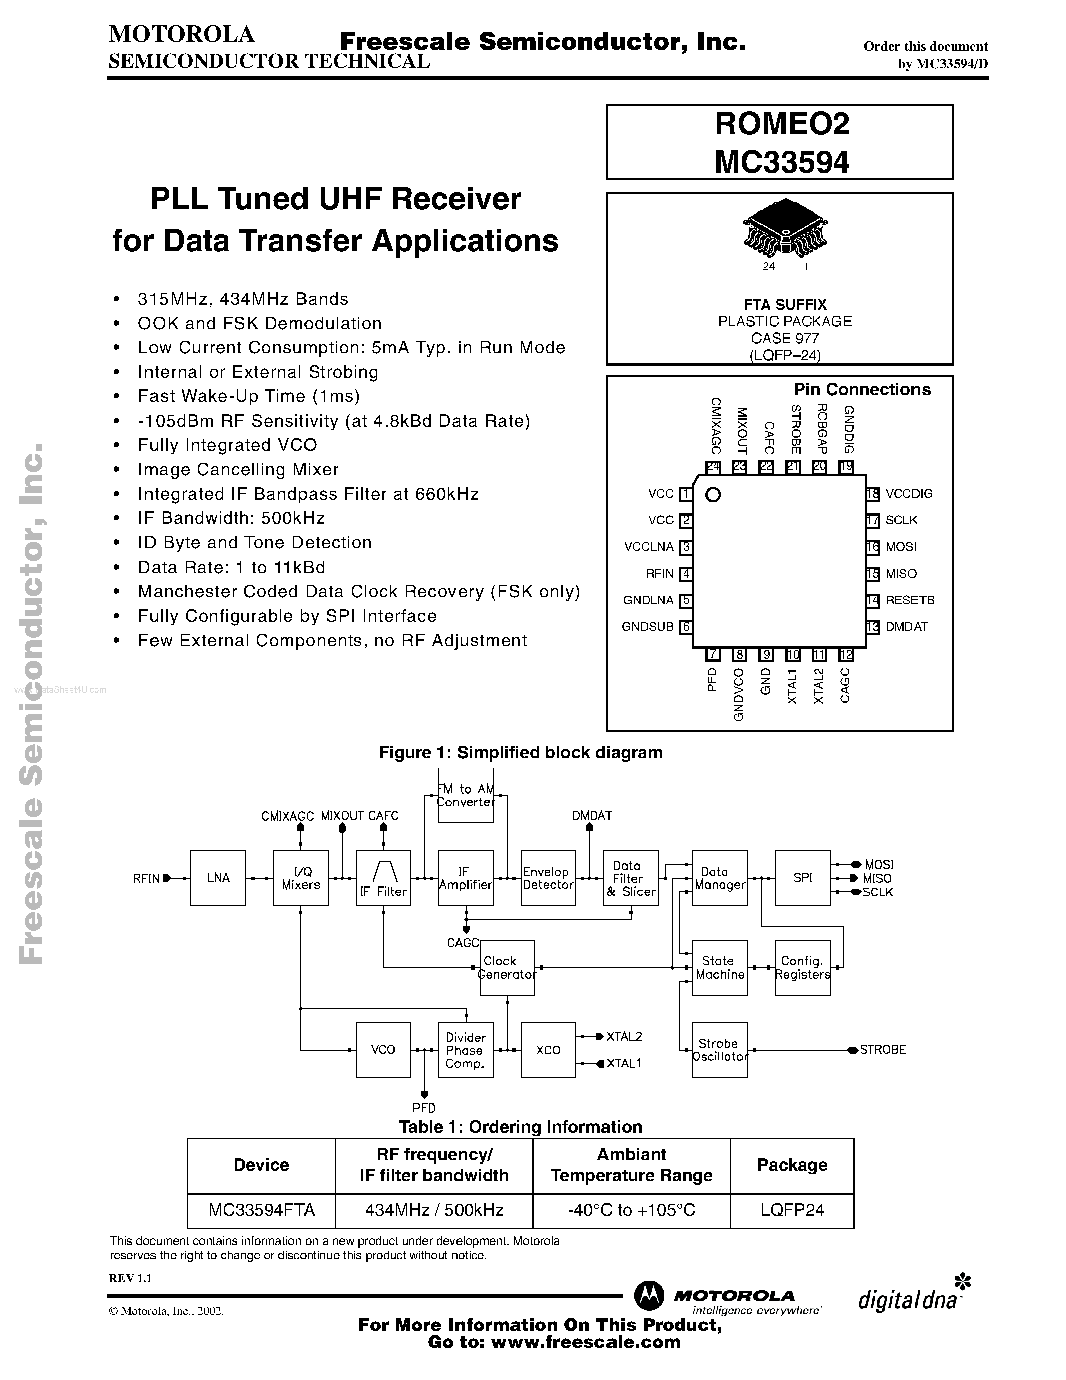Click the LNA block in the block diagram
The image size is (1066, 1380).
click(218, 878)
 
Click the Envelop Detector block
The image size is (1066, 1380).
click(547, 878)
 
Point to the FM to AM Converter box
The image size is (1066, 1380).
click(466, 795)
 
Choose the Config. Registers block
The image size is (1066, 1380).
click(802, 968)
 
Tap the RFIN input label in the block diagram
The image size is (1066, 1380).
click(146, 878)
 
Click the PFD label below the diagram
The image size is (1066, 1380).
click(424, 1108)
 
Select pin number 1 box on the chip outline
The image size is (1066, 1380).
click(686, 494)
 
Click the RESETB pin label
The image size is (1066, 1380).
click(909, 600)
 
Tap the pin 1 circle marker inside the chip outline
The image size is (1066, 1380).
click(713, 495)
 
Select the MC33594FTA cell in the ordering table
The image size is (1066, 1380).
click(261, 1210)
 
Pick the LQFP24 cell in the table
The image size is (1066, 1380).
click(792, 1210)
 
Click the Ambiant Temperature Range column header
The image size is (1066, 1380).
click(632, 1165)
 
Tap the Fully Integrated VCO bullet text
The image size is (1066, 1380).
click(227, 445)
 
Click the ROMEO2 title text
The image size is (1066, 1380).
click(782, 124)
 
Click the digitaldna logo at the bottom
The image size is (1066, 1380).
click(909, 1300)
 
